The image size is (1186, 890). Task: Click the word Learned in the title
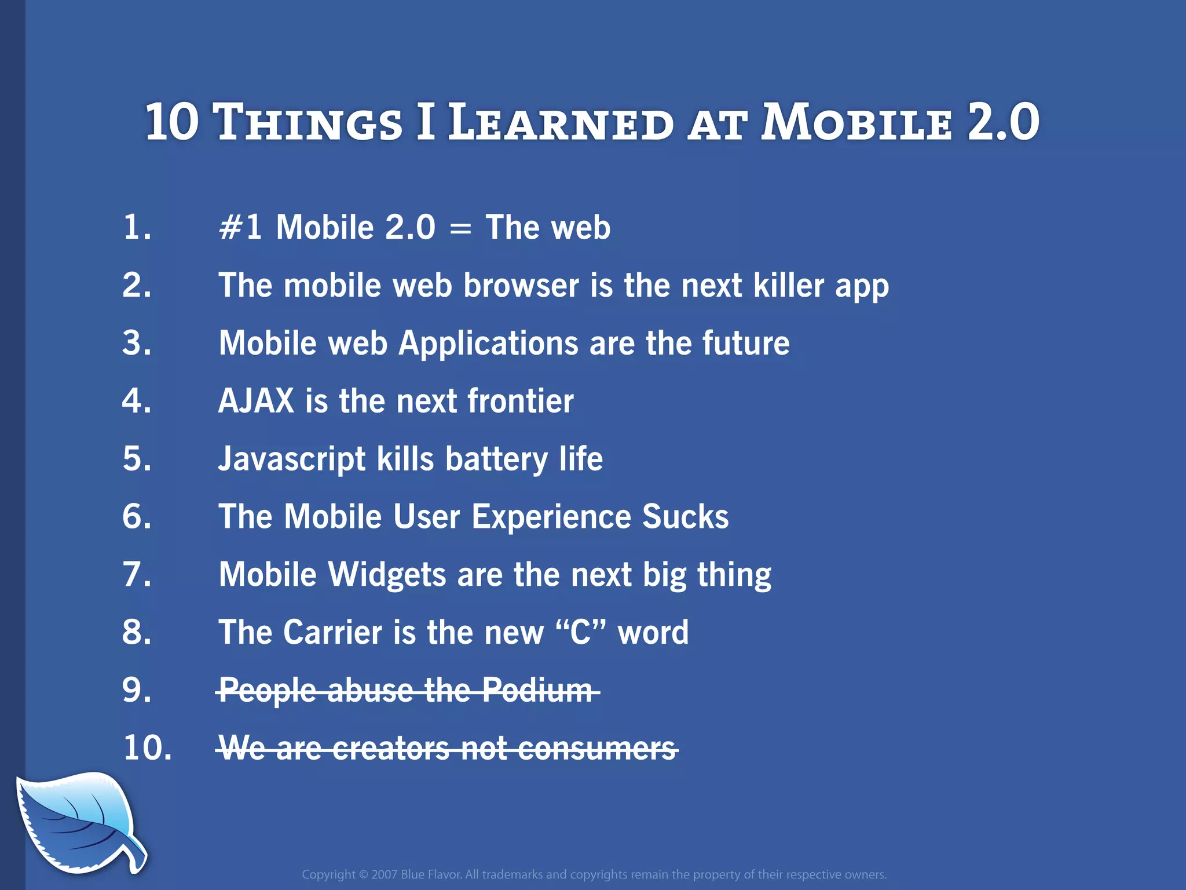coord(561,123)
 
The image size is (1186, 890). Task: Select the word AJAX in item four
coord(256,401)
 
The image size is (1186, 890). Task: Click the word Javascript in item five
coord(291,459)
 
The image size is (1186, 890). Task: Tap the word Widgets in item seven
coord(387,575)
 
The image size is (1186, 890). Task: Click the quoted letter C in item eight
coord(580,633)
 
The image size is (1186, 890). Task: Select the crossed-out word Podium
coord(537,691)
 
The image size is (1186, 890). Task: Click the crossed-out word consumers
coord(597,749)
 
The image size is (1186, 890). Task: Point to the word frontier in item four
coord(520,401)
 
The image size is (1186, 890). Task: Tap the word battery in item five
coord(496,459)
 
